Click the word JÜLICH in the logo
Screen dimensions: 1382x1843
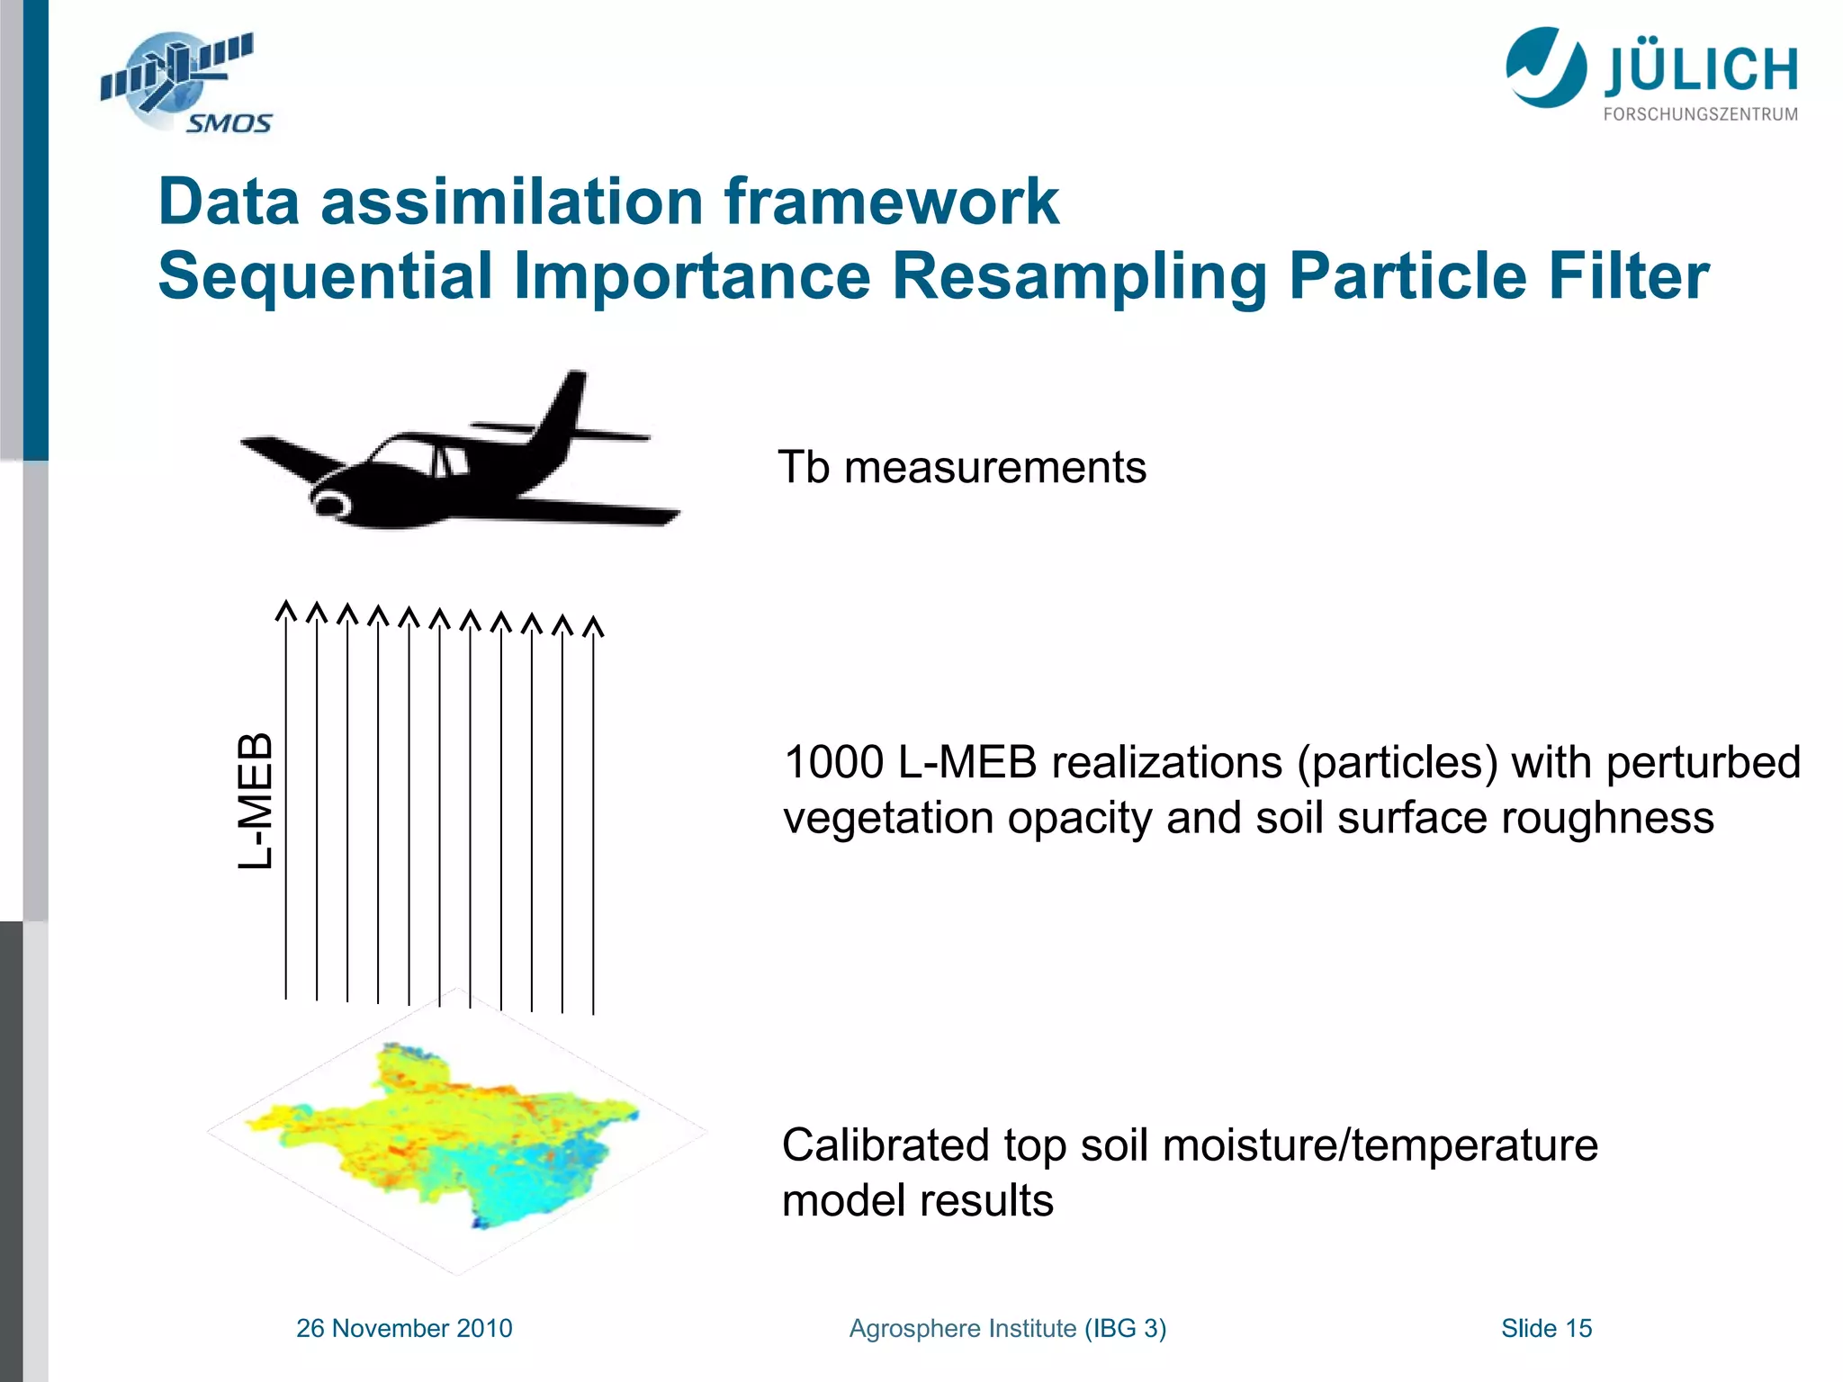(1701, 70)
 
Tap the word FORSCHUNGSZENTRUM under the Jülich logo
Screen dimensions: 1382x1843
(1700, 114)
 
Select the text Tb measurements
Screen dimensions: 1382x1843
(962, 468)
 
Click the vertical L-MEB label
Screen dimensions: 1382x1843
(255, 801)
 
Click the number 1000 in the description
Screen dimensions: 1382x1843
(834, 763)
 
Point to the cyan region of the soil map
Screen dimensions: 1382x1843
(522, 1179)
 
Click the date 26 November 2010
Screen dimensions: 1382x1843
(404, 1328)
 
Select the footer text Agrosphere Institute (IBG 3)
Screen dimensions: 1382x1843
(1007, 1328)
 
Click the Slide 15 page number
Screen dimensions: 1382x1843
(1546, 1328)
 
